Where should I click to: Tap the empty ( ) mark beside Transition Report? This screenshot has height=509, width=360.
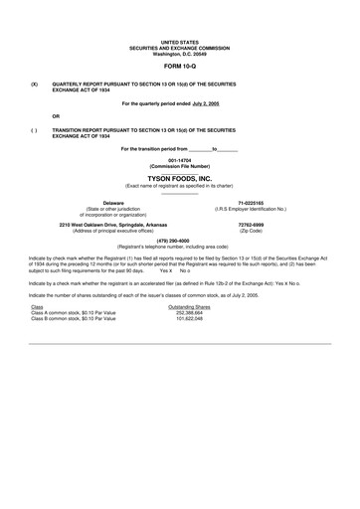[35, 129]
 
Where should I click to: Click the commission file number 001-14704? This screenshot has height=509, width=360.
[179, 160]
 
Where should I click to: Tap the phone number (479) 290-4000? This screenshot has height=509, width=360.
[179, 240]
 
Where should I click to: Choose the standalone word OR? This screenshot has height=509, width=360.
[56, 115]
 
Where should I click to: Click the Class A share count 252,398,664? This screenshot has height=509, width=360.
[189, 312]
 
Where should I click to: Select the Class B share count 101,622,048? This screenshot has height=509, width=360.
[189, 318]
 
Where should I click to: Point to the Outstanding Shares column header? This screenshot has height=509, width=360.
[189, 306]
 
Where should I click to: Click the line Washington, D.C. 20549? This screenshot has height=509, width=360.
[179, 50]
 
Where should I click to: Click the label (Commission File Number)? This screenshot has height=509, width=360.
[179, 166]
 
